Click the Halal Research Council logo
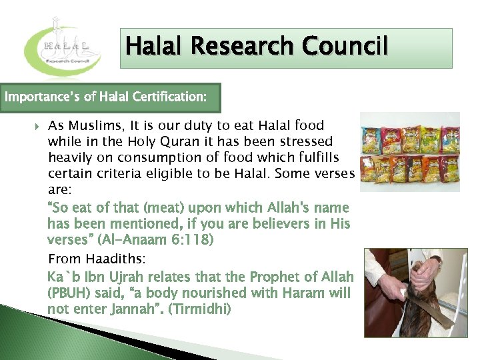(63, 50)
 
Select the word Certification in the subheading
(169, 97)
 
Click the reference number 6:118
(194, 239)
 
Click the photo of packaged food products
(409, 151)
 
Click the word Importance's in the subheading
(41, 97)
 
